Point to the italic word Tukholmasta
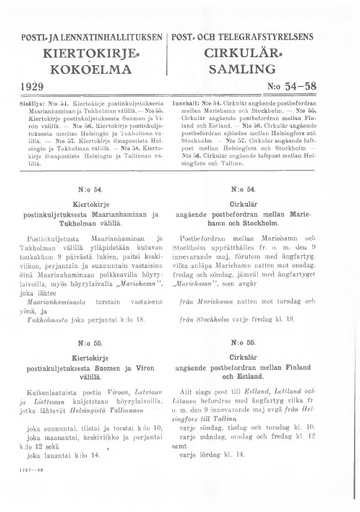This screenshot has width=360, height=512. tap(47, 315)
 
